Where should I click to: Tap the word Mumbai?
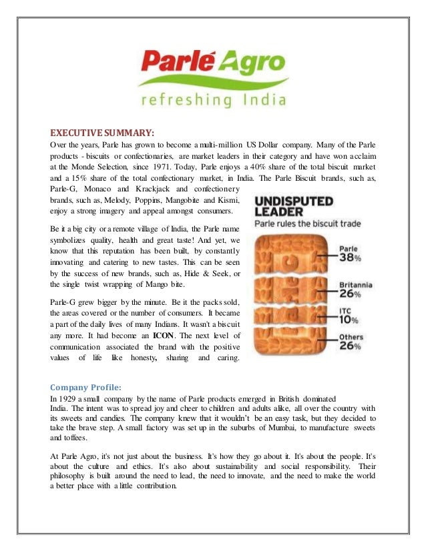pos(272,430)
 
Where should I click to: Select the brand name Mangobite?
pos(188,200)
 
